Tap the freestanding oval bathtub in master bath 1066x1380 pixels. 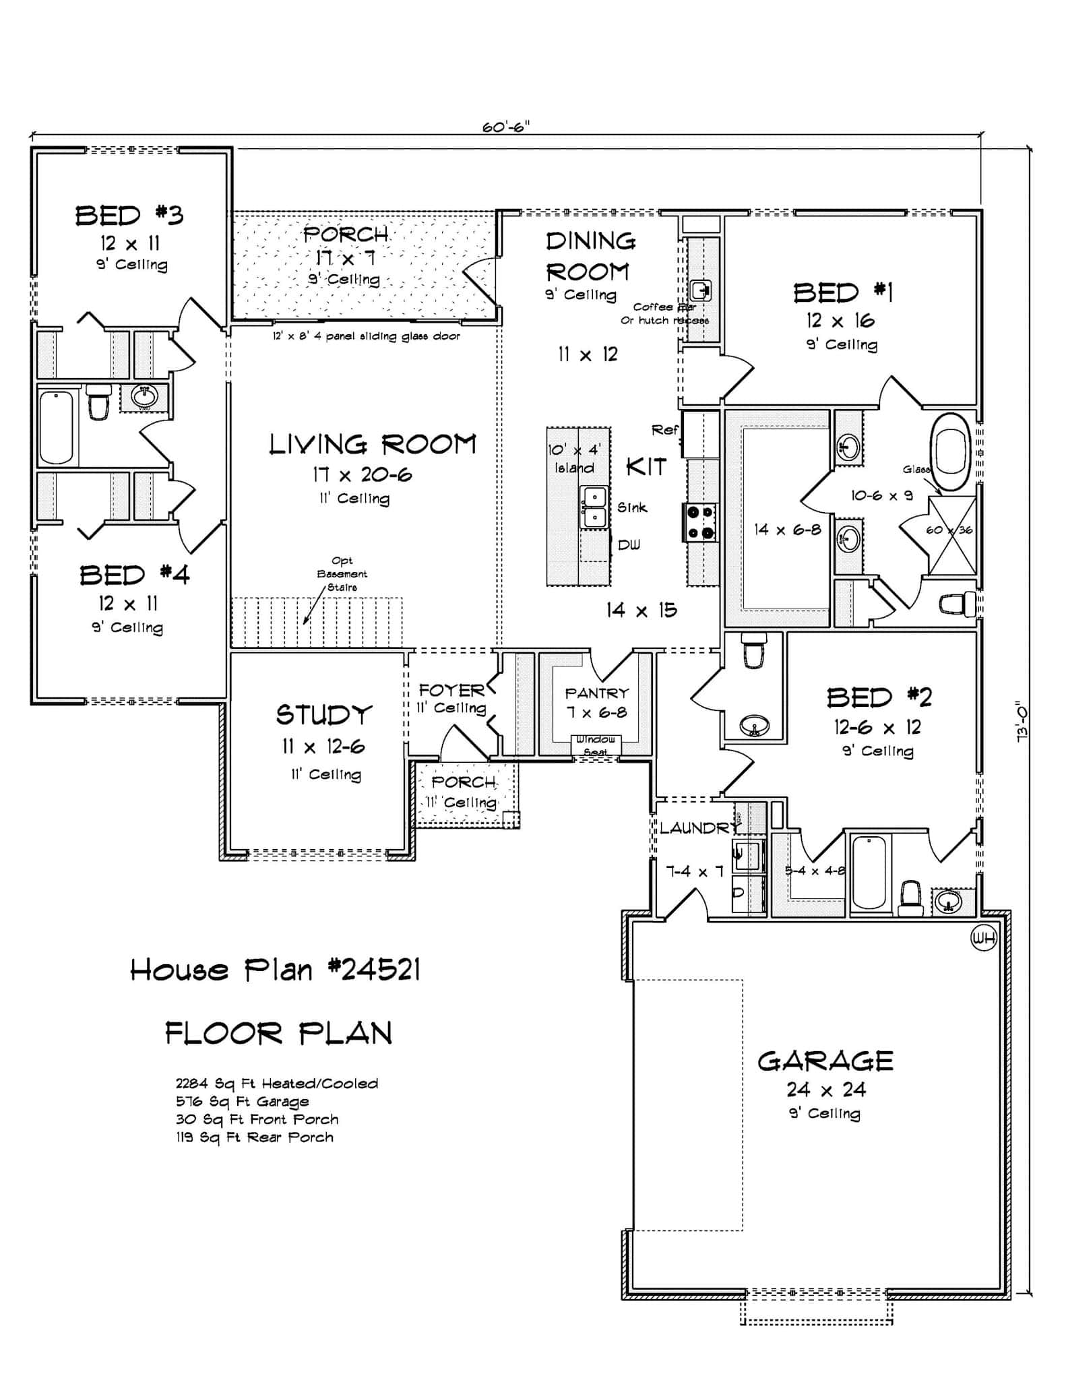click(x=951, y=451)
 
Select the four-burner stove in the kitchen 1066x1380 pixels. click(x=700, y=522)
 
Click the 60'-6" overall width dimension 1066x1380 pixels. click(x=506, y=127)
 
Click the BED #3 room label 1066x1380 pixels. click(x=129, y=216)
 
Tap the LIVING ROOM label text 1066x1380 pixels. click(x=373, y=445)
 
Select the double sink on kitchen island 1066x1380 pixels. click(x=594, y=507)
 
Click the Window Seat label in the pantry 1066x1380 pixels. click(x=596, y=745)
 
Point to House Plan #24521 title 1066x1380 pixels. click(x=275, y=971)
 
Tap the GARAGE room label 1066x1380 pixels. click(x=825, y=1061)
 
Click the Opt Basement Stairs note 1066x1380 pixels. click(x=342, y=574)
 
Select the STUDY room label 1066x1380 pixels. click(x=324, y=715)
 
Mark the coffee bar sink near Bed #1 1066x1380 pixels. click(x=701, y=291)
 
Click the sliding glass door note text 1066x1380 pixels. click(x=366, y=336)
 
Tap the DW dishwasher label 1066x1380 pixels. click(x=629, y=545)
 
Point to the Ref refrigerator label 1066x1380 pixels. click(x=664, y=430)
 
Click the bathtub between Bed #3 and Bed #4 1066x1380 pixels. click(x=56, y=427)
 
